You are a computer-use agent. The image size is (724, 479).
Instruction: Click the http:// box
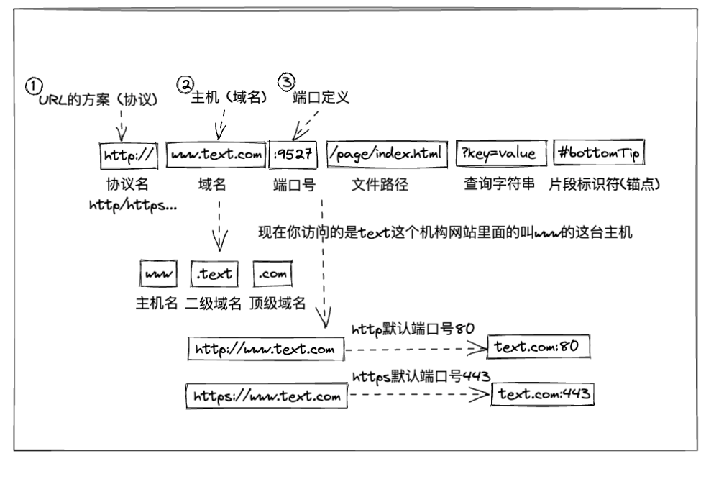click(x=127, y=154)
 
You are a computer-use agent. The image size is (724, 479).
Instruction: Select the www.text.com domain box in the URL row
click(x=214, y=153)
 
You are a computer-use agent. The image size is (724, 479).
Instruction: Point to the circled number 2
click(x=185, y=84)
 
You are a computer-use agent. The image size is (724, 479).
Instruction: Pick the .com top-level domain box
click(x=272, y=274)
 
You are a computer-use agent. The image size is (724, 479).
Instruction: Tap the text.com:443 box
click(x=544, y=394)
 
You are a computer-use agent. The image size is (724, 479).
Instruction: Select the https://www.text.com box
click(x=266, y=396)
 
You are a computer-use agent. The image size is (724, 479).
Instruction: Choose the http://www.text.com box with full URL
click(x=265, y=350)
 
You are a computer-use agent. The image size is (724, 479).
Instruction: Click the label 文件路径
click(x=380, y=184)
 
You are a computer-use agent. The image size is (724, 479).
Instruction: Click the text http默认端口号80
click(x=413, y=329)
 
